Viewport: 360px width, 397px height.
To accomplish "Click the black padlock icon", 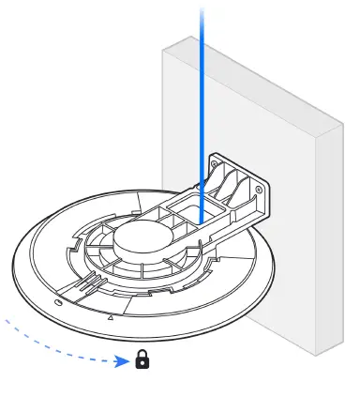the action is tap(143, 359).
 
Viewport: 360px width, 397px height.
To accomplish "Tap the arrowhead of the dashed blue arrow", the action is tap(125, 359).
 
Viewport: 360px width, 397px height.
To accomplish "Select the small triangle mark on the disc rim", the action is tap(112, 318).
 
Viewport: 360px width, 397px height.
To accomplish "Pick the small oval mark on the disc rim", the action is tap(60, 301).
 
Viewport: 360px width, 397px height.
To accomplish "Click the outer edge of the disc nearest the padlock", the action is tap(141, 331).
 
